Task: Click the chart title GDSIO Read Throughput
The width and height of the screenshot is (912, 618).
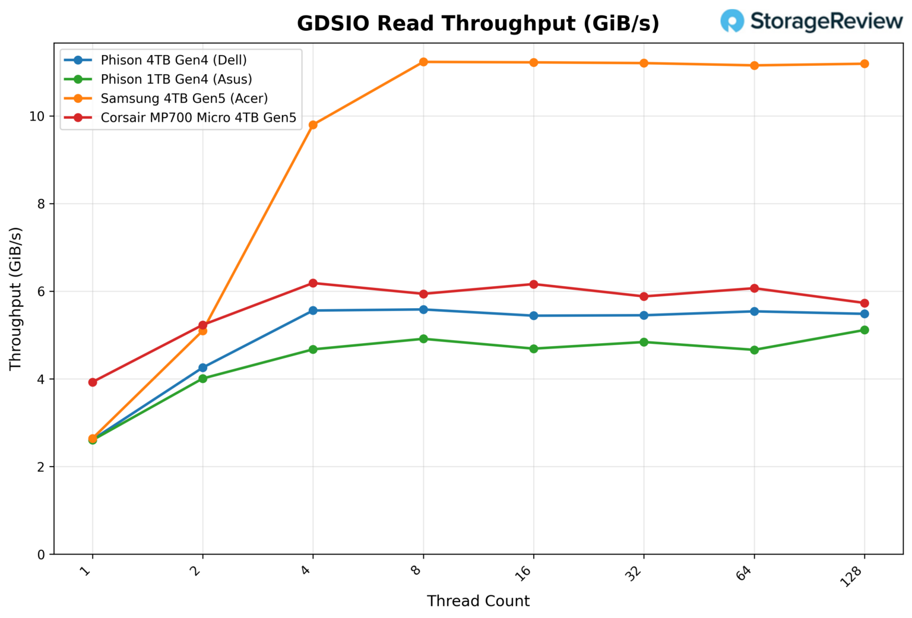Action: coord(478,24)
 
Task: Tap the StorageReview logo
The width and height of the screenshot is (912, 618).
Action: coord(811,21)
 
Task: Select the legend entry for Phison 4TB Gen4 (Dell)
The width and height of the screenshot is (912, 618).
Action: coord(173,60)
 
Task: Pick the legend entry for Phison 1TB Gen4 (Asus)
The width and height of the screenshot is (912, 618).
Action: coord(176,80)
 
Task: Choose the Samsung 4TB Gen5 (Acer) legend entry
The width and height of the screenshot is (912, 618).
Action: coord(184,99)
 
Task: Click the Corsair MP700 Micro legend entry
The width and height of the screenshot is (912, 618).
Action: coord(198,118)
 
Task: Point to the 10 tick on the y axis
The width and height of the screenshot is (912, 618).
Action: coord(37,116)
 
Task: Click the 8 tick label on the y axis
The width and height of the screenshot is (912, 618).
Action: coord(41,204)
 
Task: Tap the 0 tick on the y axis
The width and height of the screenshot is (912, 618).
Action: coord(41,554)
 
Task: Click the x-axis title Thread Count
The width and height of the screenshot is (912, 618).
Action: coord(478,601)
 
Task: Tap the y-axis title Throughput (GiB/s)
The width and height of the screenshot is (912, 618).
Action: coord(16,299)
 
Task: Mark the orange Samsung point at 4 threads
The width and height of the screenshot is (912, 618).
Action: coord(313,125)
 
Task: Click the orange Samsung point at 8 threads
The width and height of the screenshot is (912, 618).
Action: coord(423,62)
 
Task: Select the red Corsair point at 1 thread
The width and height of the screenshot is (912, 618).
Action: coord(93,382)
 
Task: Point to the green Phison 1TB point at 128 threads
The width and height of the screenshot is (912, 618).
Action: coord(864,330)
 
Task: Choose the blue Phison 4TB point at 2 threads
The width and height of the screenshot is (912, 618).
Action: coord(202,368)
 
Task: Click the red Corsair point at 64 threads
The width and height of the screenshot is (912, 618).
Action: coord(754,289)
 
